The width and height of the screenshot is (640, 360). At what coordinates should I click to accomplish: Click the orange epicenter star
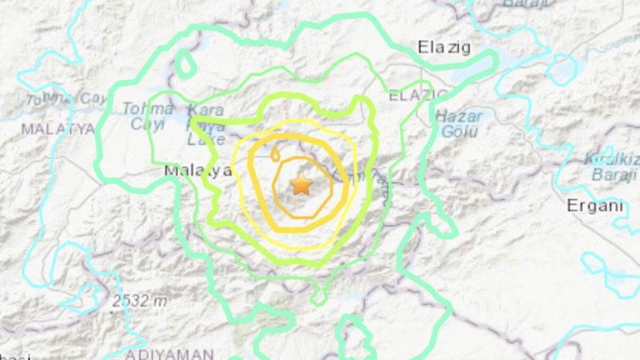(300, 185)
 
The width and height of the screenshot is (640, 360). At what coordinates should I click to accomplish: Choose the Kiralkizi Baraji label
(612, 166)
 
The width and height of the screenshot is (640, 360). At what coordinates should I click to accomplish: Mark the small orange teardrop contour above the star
(274, 152)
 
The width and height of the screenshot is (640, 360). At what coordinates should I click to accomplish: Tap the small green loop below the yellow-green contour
(317, 296)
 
